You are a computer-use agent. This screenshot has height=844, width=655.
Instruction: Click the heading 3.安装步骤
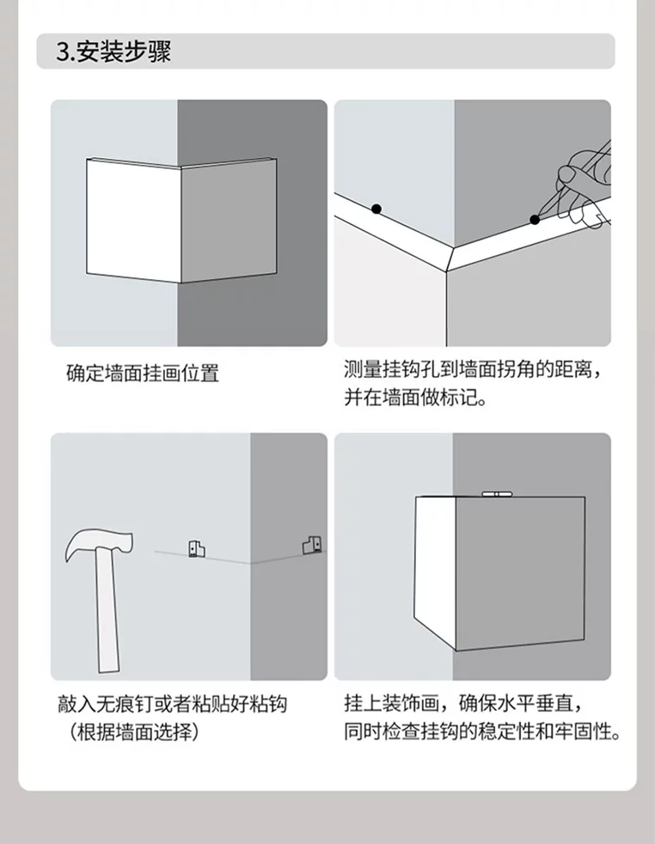[x=113, y=52]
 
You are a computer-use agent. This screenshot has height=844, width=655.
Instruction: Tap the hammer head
[x=99, y=544]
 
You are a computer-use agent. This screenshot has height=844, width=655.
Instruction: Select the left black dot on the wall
[x=376, y=209]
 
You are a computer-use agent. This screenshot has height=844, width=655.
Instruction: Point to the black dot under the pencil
[x=535, y=220]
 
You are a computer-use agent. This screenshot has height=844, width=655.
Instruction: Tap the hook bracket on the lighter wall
[x=197, y=549]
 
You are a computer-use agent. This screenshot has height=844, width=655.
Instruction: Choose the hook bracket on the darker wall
[x=313, y=544]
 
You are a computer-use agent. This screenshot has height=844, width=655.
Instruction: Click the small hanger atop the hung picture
[x=495, y=494]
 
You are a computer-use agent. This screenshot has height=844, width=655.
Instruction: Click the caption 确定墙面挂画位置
[x=143, y=373]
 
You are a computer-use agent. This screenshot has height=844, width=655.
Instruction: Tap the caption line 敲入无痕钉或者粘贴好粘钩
[x=173, y=703]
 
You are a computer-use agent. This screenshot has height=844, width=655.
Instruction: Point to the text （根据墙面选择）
[x=135, y=732]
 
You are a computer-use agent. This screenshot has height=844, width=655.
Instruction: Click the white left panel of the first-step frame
[x=133, y=221]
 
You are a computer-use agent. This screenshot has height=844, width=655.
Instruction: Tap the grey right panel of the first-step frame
[x=229, y=221]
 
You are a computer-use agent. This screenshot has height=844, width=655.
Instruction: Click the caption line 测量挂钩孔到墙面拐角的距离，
[x=472, y=370]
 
